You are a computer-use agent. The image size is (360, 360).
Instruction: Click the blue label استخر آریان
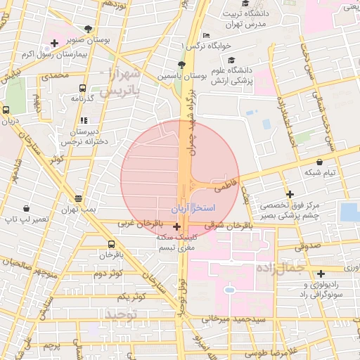point(193,210)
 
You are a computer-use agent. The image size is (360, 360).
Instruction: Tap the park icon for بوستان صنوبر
point(88,30)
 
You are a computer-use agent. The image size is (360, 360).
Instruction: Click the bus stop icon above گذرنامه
point(83,89)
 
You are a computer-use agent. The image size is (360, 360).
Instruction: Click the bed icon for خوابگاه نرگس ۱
point(205,35)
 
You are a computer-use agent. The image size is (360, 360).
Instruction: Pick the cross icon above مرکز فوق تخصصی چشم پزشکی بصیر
point(289,194)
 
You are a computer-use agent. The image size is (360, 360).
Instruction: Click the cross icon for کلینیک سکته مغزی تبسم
point(176,227)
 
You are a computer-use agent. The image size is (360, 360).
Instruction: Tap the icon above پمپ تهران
point(77,199)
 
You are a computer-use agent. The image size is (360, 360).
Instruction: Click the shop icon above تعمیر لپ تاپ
point(27,208)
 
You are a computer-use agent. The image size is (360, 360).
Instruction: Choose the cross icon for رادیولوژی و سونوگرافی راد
point(321,274)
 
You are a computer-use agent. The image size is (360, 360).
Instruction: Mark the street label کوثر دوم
point(108,272)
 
